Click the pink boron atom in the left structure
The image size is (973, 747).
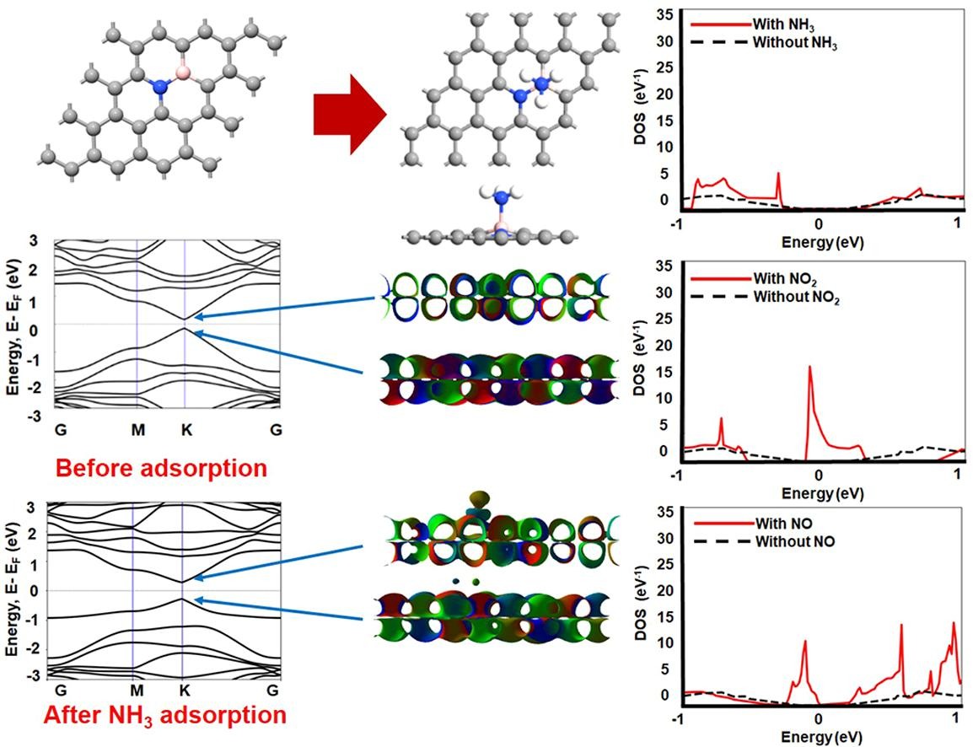pos(184,73)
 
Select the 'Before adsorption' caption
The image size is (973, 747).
pos(161,467)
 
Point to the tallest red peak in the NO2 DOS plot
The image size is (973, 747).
pos(809,368)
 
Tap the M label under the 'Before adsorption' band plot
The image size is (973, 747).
pos(137,430)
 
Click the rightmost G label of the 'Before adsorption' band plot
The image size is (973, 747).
pos(276,430)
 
